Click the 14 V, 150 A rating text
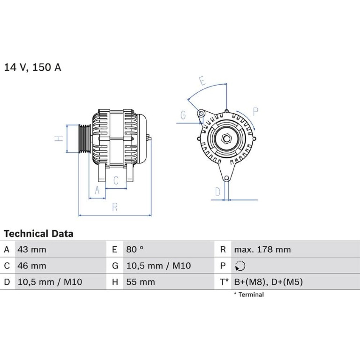[33, 67]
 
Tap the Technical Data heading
[39, 234]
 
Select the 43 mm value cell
[32, 249]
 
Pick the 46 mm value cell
[32, 266]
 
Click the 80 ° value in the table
[135, 249]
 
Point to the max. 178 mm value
[262, 249]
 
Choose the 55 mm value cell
[140, 282]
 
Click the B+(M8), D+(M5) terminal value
[269, 282]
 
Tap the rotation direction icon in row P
[240, 266]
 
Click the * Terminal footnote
[249, 294]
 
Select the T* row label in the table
[224, 282]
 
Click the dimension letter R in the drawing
[115, 207]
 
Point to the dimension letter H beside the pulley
[59, 139]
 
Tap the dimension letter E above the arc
[202, 81]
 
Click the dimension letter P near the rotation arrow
[256, 112]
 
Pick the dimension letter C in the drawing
[116, 180]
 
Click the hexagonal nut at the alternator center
[226, 139]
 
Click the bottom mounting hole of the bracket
[226, 178]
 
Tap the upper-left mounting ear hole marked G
[201, 113]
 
